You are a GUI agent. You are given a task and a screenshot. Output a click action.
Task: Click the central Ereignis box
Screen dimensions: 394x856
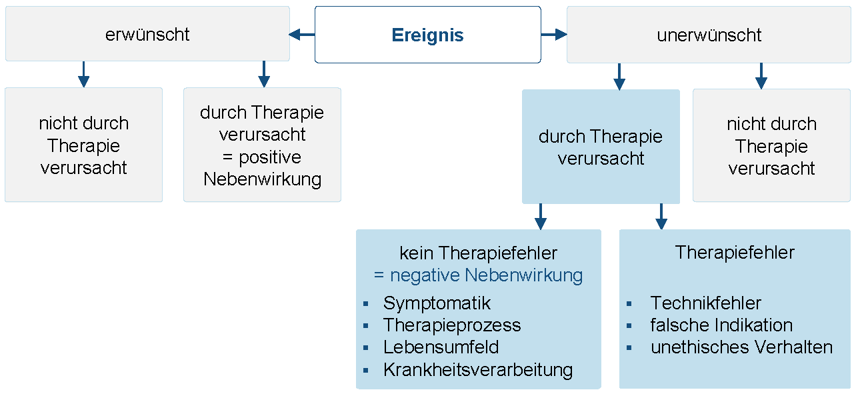pyautogui.click(x=427, y=35)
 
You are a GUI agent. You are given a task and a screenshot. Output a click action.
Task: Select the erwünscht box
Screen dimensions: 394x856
pyautogui.click(x=147, y=35)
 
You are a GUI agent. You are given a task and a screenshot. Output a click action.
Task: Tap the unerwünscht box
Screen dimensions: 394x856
pyautogui.click(x=709, y=35)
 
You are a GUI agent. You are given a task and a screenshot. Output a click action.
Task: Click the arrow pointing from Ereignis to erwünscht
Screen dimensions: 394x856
pyautogui.click(x=301, y=35)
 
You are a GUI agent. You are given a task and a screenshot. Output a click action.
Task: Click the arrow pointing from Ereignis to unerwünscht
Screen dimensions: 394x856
pyautogui.click(x=553, y=35)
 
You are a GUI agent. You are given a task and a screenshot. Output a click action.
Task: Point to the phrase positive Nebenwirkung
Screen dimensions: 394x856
pyautogui.click(x=262, y=168)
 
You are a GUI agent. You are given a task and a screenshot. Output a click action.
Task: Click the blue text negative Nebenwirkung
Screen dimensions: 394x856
pyautogui.click(x=478, y=275)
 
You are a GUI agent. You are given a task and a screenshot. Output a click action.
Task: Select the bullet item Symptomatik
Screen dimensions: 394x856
pyautogui.click(x=437, y=303)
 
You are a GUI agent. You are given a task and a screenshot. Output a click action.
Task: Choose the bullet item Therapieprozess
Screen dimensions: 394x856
pyautogui.click(x=452, y=325)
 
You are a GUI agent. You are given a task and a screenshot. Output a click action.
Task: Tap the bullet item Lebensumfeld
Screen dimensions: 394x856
pyautogui.click(x=441, y=347)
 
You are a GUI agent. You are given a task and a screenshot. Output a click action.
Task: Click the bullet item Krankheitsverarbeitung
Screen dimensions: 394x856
pyautogui.click(x=478, y=370)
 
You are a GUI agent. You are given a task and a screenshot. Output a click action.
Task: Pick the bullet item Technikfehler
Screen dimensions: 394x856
pyautogui.click(x=705, y=303)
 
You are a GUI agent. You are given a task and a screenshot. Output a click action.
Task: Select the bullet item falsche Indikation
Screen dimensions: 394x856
pyautogui.click(x=721, y=325)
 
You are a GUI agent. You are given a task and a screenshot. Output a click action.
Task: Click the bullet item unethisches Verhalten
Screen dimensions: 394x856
pyautogui.click(x=741, y=347)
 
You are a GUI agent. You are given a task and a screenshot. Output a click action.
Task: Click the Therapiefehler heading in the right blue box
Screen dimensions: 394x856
pyautogui.click(x=735, y=253)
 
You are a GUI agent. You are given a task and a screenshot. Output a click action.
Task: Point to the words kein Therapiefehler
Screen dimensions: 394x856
pyautogui.click(x=478, y=253)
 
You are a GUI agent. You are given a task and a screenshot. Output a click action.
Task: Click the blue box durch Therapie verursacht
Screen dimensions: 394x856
pyautogui.click(x=601, y=147)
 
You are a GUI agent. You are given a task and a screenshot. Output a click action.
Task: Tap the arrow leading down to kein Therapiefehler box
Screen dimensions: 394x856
pyautogui.click(x=541, y=216)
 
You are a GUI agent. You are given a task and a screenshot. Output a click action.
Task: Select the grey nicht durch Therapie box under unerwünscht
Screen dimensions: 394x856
pyautogui.click(x=771, y=146)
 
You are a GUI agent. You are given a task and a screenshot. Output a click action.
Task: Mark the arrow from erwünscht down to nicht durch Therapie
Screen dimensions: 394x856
pyautogui.click(x=83, y=74)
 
